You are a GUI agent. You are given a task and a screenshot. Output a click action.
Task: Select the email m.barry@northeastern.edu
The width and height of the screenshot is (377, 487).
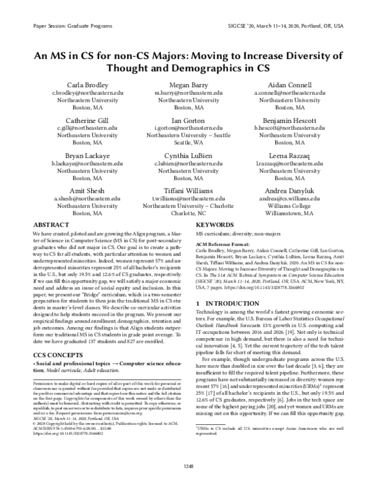tap(188, 92)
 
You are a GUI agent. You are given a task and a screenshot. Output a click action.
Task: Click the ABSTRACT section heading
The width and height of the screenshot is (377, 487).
tap(50, 224)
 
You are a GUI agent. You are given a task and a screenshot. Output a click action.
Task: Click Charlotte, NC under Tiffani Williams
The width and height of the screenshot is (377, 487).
tap(188, 213)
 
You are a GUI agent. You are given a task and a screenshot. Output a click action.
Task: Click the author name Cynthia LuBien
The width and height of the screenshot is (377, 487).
tap(188, 154)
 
